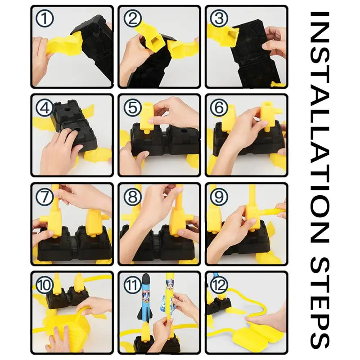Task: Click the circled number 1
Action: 45,19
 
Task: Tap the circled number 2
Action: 132,19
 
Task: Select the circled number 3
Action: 219,19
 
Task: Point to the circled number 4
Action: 45,108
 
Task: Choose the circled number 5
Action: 132,108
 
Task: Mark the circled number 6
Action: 219,108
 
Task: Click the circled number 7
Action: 45,197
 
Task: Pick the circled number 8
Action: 132,197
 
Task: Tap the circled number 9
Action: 219,197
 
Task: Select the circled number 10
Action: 45,285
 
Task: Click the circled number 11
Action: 132,285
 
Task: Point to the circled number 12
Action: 219,285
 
